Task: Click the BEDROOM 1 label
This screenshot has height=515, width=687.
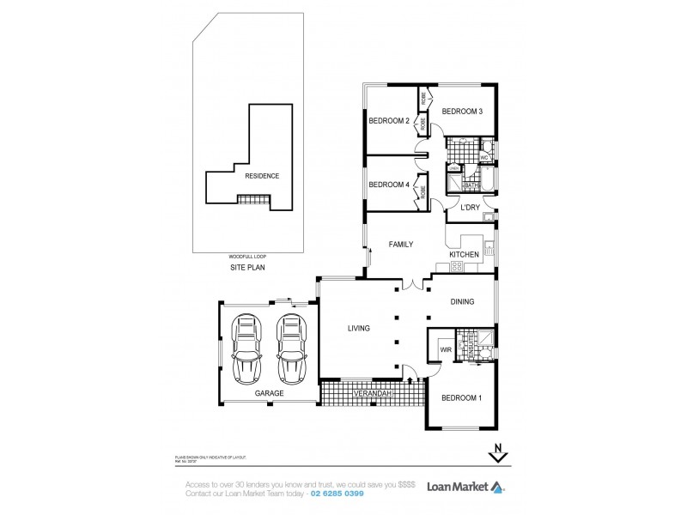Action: click(461, 398)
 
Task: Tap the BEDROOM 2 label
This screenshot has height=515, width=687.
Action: click(388, 121)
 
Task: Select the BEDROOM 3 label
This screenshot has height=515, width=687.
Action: click(462, 112)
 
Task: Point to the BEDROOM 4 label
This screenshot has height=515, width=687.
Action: click(388, 184)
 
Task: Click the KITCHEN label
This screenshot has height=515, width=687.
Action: click(464, 255)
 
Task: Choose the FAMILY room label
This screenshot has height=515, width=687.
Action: click(401, 245)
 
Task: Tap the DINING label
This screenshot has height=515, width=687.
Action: click(465, 301)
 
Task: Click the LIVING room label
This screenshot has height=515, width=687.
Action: click(359, 327)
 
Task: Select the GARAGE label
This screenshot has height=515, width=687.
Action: click(269, 392)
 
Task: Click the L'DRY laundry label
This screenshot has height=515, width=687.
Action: click(470, 208)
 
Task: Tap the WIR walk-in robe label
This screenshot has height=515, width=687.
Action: click(445, 349)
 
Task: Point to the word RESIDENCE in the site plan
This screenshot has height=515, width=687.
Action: click(262, 175)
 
